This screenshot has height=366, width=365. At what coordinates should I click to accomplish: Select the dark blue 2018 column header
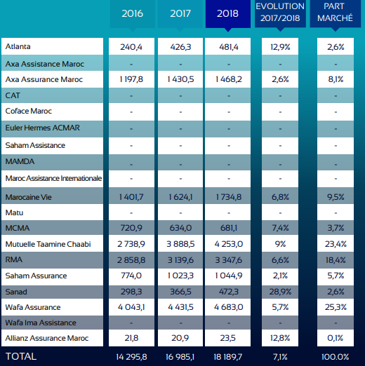[227, 13]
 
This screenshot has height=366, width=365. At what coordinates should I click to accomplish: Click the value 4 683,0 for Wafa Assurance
[227, 307]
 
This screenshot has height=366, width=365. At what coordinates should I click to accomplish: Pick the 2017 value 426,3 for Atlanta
[179, 47]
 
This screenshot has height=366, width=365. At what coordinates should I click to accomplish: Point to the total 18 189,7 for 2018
[227, 356]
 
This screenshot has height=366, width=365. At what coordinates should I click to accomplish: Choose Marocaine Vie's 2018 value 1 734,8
[227, 197]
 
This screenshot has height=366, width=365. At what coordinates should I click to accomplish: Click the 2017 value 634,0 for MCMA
[179, 228]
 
